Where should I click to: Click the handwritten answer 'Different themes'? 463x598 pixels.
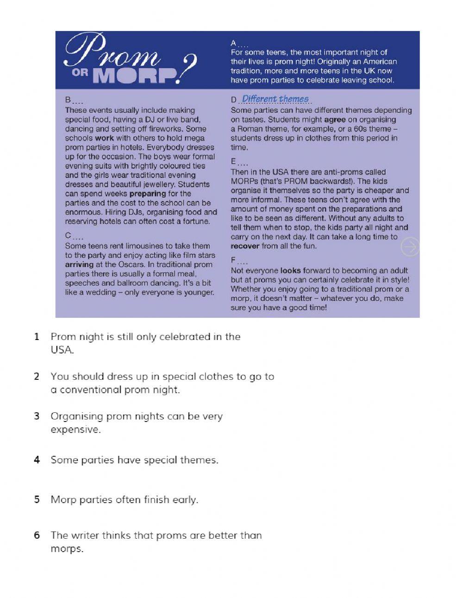coord(275,99)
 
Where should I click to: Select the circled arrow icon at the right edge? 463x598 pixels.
coord(410,247)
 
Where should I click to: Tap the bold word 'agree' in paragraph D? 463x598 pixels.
coord(335,120)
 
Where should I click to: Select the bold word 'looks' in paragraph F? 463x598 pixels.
coord(290,271)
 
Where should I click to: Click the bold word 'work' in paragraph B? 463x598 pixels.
coord(104,138)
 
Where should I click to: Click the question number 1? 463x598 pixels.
coord(37,337)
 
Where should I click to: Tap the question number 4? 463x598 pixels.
coord(37,460)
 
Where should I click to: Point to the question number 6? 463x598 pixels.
coord(37,535)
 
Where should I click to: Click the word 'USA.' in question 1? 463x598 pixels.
coord(62,350)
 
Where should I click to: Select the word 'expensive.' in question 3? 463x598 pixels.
coord(75,429)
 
